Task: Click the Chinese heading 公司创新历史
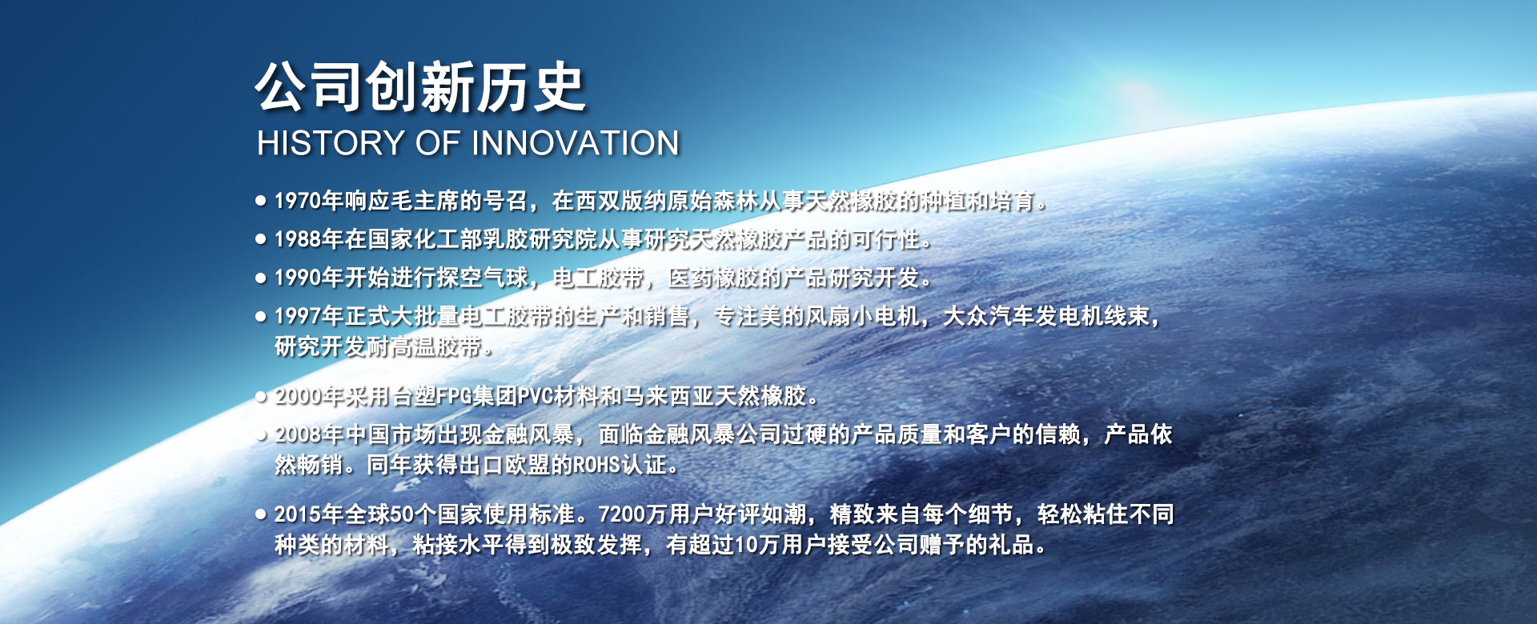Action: pos(421,87)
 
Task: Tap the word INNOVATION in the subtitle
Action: pos(576,143)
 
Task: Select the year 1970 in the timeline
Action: pos(298,201)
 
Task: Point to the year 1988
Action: pos(298,239)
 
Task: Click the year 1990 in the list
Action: pos(298,278)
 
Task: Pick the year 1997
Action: pos(298,316)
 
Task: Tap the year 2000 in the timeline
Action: pos(298,396)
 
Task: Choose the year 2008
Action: pos(298,434)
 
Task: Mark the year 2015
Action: pos(298,514)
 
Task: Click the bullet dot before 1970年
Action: pos(261,201)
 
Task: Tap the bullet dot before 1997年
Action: pos(261,316)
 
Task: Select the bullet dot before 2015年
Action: pos(261,514)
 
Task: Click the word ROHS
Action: pos(597,465)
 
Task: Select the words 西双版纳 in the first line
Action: pos(620,201)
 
